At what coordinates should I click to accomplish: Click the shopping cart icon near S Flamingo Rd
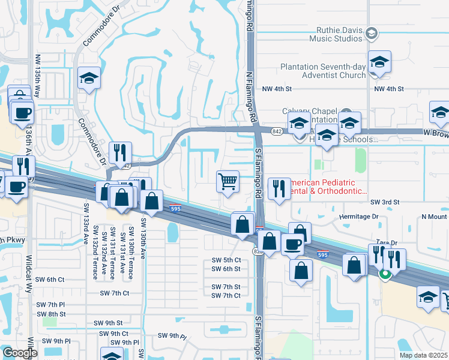coord(228,181)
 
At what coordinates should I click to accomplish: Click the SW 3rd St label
coord(385,203)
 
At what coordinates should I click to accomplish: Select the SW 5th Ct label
coord(226,260)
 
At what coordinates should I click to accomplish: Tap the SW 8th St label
coord(51,314)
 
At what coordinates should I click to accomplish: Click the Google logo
coord(20,353)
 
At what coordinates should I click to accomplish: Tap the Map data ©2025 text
coord(423,355)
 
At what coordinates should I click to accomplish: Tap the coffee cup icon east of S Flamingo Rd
coord(292,245)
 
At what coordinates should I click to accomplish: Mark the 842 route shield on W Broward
coord(277,130)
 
